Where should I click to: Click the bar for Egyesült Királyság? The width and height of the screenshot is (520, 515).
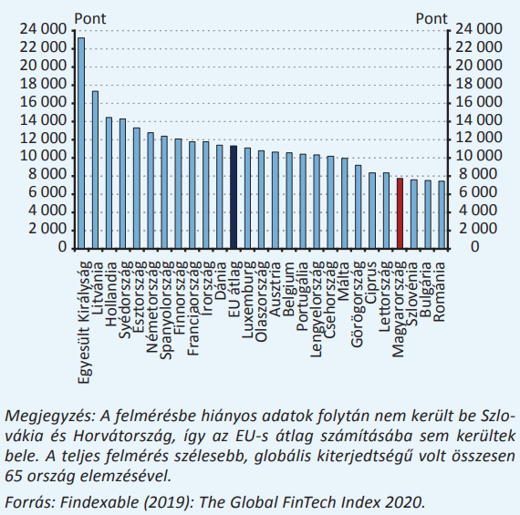pos(81,143)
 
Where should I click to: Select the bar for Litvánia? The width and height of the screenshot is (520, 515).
pos(95,170)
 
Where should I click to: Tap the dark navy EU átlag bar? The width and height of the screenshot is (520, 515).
pos(234,197)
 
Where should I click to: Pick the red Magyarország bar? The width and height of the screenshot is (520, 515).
pos(400,213)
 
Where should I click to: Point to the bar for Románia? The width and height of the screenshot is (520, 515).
pos(442,214)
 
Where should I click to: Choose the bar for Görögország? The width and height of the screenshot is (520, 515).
pos(359,207)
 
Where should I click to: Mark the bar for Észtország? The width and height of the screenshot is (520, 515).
pos(137,188)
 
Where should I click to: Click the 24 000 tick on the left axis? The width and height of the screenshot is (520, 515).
pos(43,30)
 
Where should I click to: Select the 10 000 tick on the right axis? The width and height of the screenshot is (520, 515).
pos(479,157)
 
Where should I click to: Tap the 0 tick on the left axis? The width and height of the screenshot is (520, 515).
pos(62,247)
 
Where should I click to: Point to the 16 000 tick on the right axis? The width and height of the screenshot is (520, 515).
pos(479,102)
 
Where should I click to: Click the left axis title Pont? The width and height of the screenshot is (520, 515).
pos(90,18)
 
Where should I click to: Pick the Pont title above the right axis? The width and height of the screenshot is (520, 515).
pos(432,18)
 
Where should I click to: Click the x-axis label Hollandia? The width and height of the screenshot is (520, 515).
pos(110,294)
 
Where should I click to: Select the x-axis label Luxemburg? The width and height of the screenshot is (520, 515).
pos(249,300)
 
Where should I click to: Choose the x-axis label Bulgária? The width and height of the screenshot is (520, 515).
pos(425,289)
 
